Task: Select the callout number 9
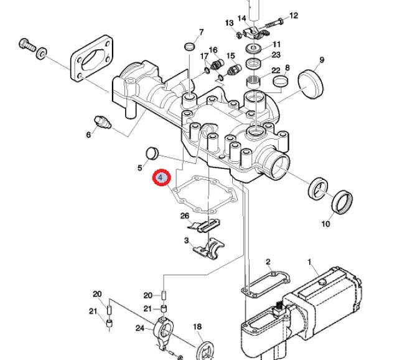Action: (322, 60)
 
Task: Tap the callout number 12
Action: (294, 16)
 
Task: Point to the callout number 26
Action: (185, 216)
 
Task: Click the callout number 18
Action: (197, 327)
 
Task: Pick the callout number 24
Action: (140, 328)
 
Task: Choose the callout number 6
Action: (88, 135)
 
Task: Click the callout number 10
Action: (326, 224)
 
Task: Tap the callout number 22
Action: (276, 70)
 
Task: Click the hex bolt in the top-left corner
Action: (27, 46)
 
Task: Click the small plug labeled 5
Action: (151, 153)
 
